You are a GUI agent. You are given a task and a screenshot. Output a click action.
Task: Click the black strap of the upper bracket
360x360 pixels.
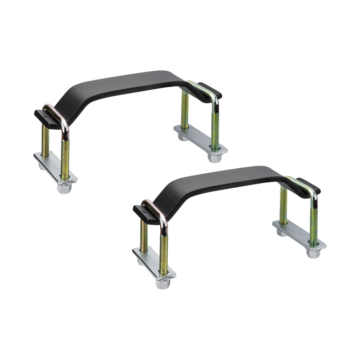pyautogui.click(x=123, y=84)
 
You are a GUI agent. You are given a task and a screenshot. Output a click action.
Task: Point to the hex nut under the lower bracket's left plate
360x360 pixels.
pyautogui.click(x=162, y=284)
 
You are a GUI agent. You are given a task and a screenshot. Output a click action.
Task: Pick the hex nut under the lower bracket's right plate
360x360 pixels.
pyautogui.click(x=313, y=253)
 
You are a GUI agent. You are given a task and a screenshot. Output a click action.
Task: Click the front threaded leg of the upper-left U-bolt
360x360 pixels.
pyautogui.click(x=65, y=158)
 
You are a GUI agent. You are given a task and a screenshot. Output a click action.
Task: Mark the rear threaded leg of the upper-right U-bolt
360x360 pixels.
pyautogui.click(x=185, y=109)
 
